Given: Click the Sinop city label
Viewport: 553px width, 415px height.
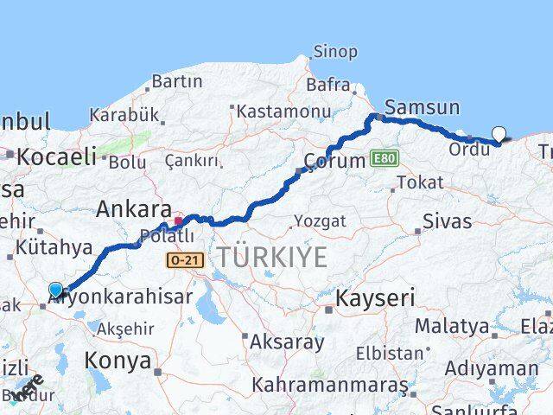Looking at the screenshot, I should point(334,52).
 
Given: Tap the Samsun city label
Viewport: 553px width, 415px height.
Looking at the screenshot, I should point(418,107).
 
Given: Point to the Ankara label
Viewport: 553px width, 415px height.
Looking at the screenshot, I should point(133,208).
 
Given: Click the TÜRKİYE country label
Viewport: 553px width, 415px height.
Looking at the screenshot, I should point(272,257).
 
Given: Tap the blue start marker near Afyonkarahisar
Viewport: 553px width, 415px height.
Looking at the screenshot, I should point(56,290).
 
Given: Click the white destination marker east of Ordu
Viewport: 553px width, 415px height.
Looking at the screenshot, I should point(499,133).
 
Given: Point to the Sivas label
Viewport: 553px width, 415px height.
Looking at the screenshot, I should point(448,221).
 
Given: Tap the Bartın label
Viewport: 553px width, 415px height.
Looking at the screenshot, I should point(176,82).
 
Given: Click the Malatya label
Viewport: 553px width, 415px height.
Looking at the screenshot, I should point(451,327).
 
